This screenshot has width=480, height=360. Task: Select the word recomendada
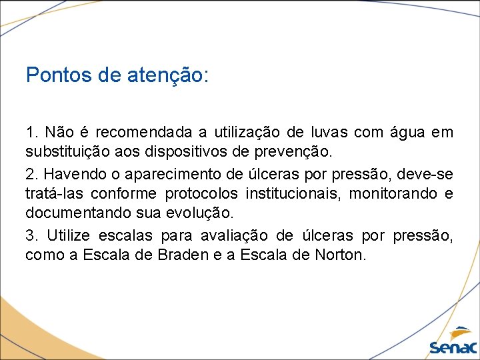135,132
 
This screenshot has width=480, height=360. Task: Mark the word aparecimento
167,174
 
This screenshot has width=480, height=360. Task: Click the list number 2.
31,174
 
